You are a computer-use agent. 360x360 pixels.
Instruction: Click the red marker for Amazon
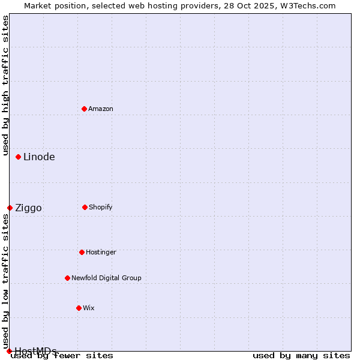tap(84, 109)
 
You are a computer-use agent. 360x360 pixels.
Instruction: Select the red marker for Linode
tap(19, 157)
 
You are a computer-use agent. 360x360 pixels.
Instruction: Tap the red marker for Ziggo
tap(10, 208)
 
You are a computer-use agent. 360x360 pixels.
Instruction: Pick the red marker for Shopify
tap(85, 207)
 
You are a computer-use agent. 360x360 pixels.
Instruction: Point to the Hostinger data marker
tap(82, 252)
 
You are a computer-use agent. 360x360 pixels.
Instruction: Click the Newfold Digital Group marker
tap(67, 278)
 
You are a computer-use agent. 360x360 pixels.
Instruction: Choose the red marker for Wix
tap(79, 308)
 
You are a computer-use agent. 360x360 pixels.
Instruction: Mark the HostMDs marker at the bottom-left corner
tap(9, 351)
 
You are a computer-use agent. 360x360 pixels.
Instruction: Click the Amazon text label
tap(101, 109)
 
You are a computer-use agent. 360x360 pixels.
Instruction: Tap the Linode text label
tap(39, 157)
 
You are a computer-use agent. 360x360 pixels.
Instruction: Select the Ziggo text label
tap(28, 208)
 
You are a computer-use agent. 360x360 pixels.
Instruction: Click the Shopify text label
tap(101, 207)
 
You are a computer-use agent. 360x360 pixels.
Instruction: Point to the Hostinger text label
tap(101, 252)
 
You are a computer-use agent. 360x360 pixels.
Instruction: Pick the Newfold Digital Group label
tap(106, 278)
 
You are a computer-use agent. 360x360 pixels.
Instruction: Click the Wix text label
tap(89, 308)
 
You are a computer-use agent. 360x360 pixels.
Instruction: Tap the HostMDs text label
tap(35, 351)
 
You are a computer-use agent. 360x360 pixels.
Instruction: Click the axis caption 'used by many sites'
tap(301, 356)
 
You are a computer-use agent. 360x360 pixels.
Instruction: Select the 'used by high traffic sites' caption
tap(5, 85)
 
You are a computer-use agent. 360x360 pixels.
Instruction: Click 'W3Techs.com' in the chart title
tap(308, 5)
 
